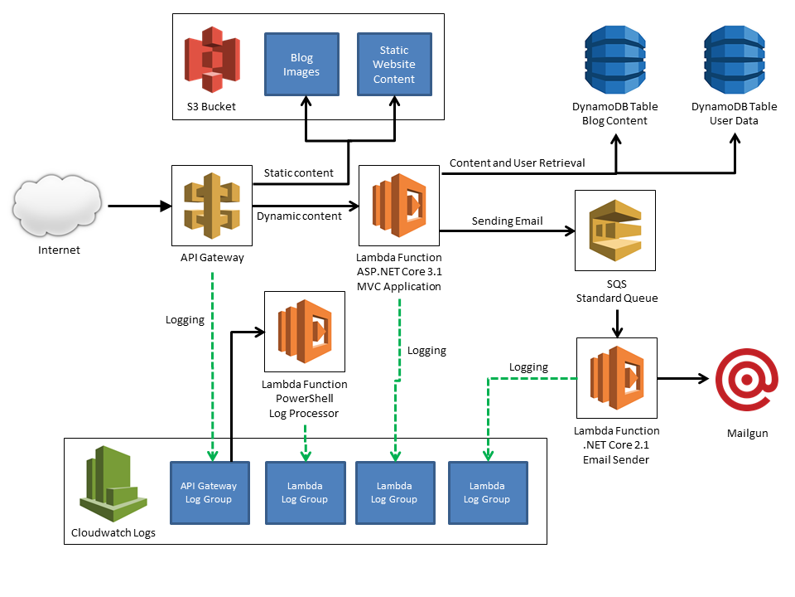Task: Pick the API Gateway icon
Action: (x=212, y=205)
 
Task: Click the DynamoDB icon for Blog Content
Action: (x=614, y=59)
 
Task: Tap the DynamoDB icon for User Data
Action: (x=734, y=59)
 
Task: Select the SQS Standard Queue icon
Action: (x=615, y=230)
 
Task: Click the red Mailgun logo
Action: (x=747, y=378)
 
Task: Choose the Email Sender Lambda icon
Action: (x=616, y=378)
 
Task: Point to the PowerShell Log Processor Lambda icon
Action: (x=305, y=332)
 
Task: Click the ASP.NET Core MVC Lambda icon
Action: (x=399, y=206)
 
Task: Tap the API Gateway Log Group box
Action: (x=210, y=493)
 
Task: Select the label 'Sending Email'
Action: (x=507, y=221)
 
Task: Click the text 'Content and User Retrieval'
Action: (x=517, y=163)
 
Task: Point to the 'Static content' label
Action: (x=298, y=173)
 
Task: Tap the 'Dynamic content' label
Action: (x=299, y=216)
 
